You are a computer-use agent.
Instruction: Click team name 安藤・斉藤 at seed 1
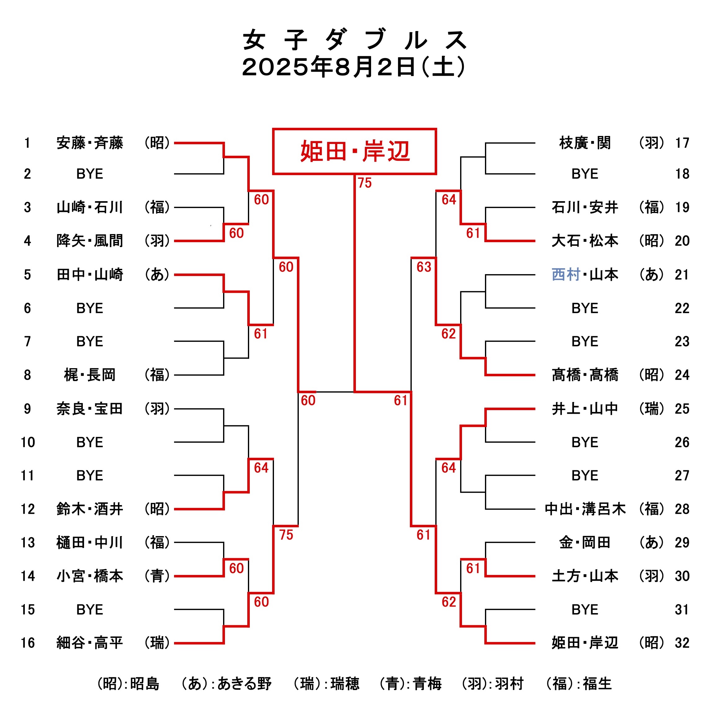click(90, 143)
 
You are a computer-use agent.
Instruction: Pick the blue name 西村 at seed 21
click(566, 275)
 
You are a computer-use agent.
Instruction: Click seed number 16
click(28, 643)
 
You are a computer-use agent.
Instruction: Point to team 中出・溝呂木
click(585, 509)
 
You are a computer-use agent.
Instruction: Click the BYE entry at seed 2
click(90, 174)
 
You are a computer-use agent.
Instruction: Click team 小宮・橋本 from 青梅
click(90, 576)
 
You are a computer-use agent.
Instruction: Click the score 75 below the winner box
click(365, 183)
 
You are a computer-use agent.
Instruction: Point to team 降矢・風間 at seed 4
click(90, 241)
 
